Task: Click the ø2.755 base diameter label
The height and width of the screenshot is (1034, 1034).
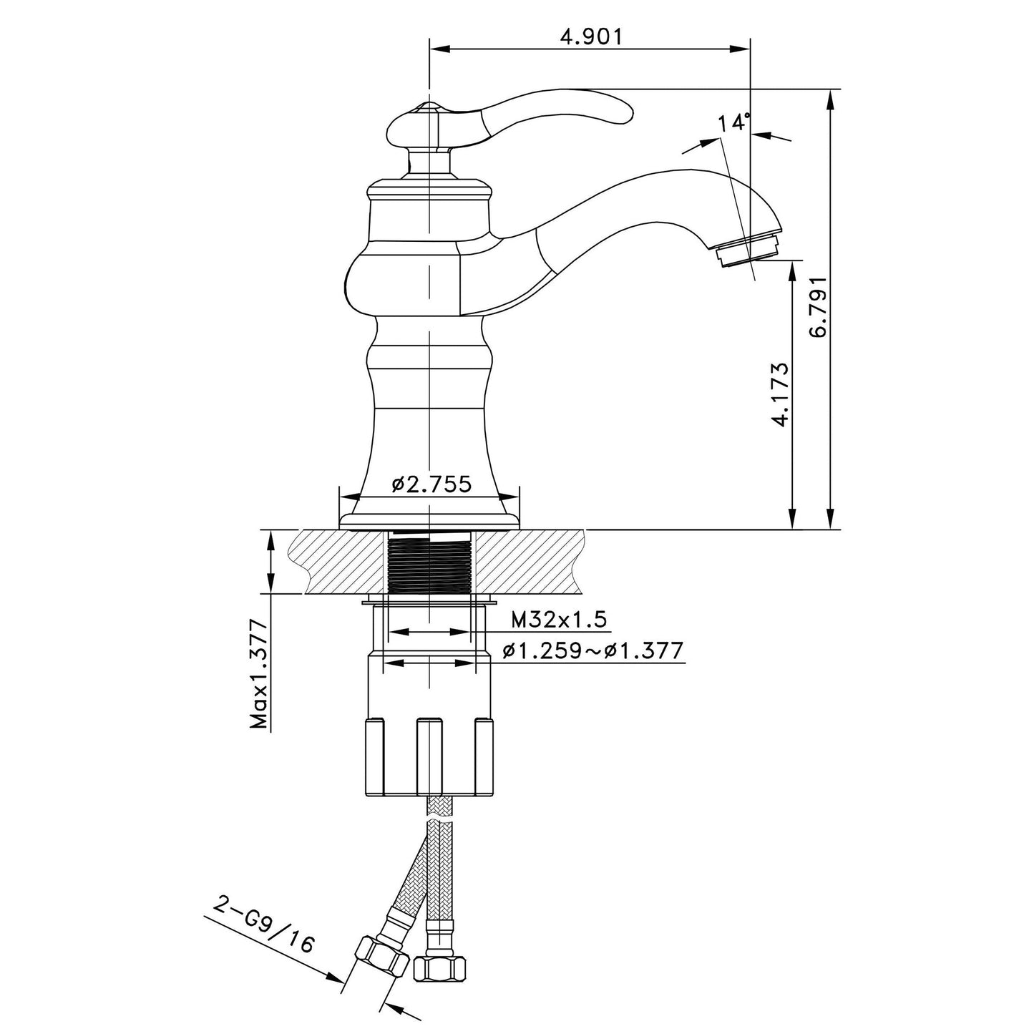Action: tap(431, 484)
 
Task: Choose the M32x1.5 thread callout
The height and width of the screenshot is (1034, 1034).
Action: tap(559, 620)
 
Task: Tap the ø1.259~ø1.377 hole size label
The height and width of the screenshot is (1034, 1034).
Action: tap(593, 651)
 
